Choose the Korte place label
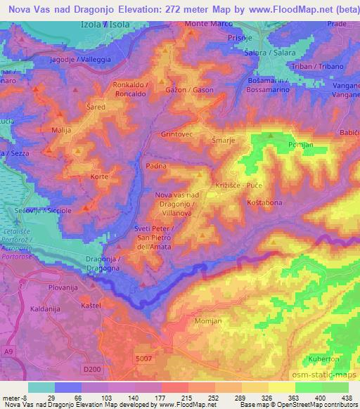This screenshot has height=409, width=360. (100, 176)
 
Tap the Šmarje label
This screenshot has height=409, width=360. (224, 140)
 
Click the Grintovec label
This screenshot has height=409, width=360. (176, 133)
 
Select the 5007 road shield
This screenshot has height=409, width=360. (143, 359)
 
